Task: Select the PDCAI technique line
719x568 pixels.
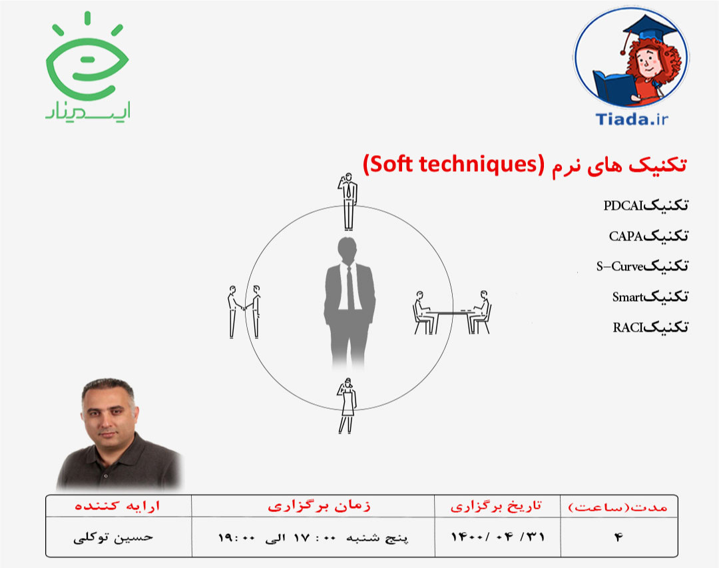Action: (x=645, y=205)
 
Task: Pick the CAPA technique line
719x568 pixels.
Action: (x=648, y=236)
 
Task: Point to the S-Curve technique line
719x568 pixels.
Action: (x=642, y=266)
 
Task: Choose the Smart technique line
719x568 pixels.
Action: (x=650, y=297)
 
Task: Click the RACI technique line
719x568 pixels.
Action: (x=650, y=327)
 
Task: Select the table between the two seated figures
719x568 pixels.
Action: (x=452, y=312)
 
